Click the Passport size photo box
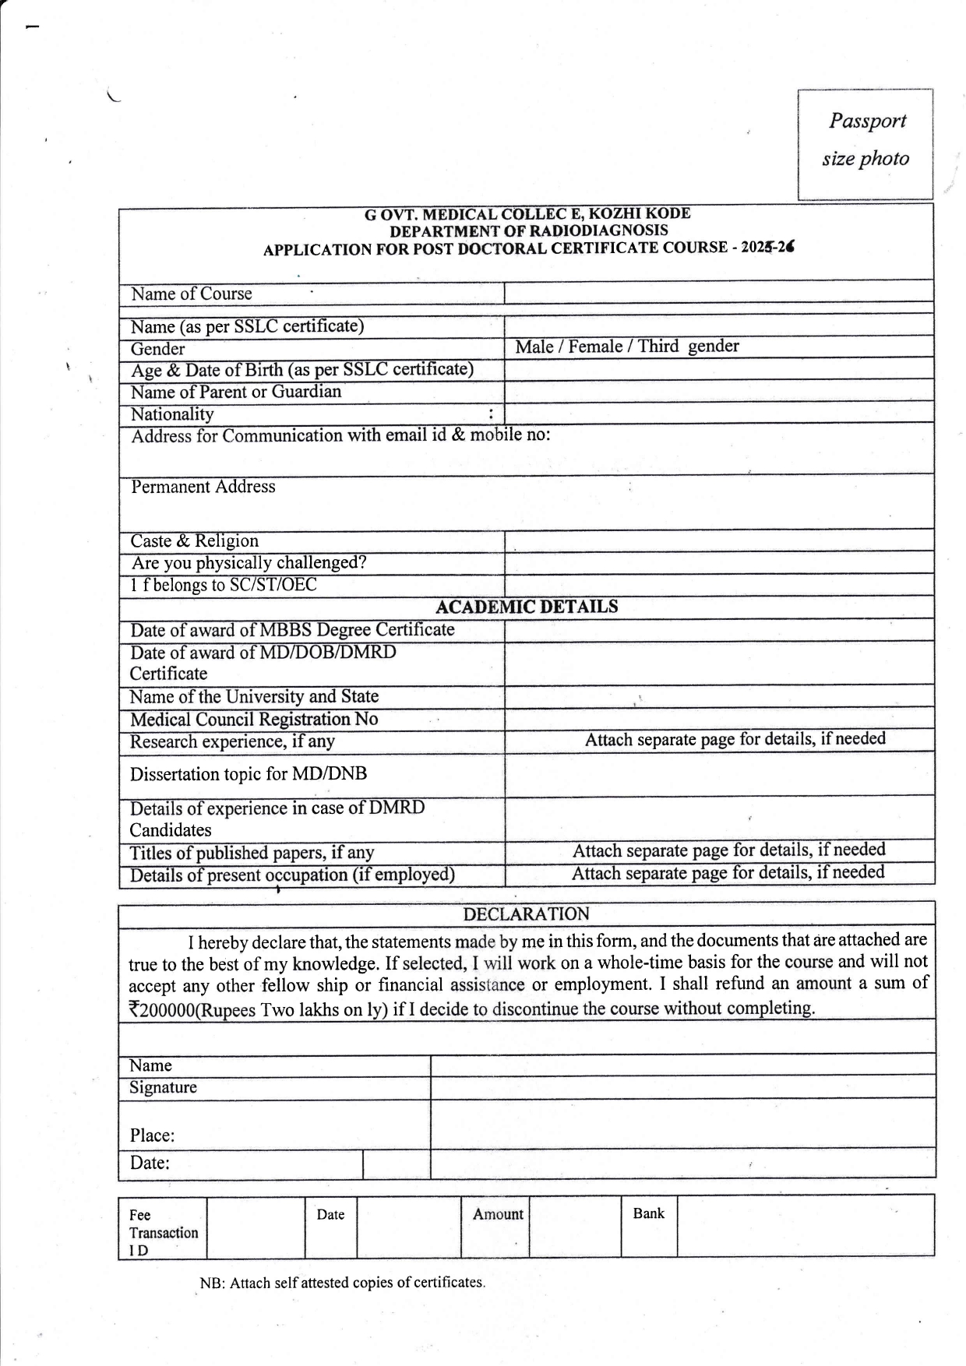click(865, 144)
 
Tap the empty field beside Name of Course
click(718, 293)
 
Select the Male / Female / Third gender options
click(626, 347)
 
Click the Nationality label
click(172, 414)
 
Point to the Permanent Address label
click(203, 487)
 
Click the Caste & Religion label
click(195, 541)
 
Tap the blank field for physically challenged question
click(718, 563)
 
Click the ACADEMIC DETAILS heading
click(527, 607)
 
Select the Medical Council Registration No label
click(254, 720)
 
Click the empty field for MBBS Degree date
click(718, 630)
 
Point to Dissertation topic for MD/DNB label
click(249, 774)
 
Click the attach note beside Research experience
click(735, 739)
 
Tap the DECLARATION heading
click(527, 914)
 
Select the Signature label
click(164, 1088)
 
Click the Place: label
click(153, 1135)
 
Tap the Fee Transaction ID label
click(163, 1233)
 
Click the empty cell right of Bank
click(805, 1226)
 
